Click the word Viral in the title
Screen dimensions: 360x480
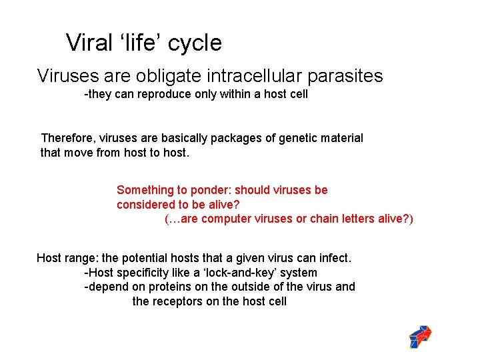tap(88, 43)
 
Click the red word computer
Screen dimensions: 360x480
tap(226, 219)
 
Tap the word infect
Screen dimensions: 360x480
tap(335, 257)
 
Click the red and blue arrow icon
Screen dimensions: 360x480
tap(420, 337)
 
